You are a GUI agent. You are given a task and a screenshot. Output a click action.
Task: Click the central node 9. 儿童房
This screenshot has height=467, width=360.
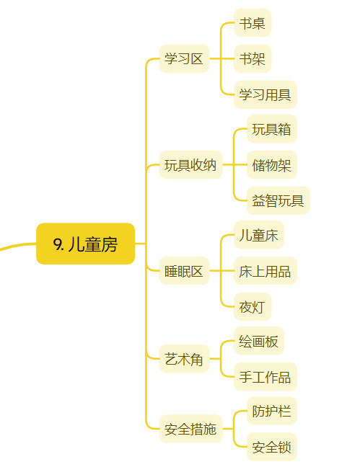pyautogui.click(x=85, y=244)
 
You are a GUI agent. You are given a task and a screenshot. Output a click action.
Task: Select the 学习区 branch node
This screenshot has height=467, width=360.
pyautogui.click(x=184, y=58)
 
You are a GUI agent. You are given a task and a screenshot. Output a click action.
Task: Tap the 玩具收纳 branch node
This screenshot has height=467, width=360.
pyautogui.click(x=190, y=165)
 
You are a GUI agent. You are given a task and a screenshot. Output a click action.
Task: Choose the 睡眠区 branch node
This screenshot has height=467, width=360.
pyautogui.click(x=184, y=271)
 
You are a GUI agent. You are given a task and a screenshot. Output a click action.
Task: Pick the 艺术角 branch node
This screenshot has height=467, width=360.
pyautogui.click(x=184, y=359)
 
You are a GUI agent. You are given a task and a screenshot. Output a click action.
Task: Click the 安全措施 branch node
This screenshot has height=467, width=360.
pyautogui.click(x=190, y=429)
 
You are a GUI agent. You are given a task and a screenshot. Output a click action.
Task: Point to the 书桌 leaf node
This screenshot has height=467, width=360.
pyautogui.click(x=253, y=23)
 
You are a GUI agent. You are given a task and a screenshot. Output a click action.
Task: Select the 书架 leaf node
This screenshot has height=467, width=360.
pyautogui.click(x=253, y=58)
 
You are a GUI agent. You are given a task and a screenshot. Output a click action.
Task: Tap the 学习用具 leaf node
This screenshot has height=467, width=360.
pyautogui.click(x=265, y=94)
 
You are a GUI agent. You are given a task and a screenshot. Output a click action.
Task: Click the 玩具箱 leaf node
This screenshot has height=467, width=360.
pyautogui.click(x=272, y=129)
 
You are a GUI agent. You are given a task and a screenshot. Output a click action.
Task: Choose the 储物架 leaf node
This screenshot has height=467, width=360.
pyautogui.click(x=272, y=165)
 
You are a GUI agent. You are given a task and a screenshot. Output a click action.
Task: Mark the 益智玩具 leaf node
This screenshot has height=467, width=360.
pyautogui.click(x=278, y=201)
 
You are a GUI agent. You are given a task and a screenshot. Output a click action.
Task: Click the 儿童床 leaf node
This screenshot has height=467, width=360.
pyautogui.click(x=259, y=235)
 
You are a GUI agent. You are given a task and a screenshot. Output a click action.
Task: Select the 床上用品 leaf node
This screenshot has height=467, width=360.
pyautogui.click(x=265, y=271)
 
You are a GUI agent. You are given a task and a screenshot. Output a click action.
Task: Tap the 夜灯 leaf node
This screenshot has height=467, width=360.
pyautogui.click(x=253, y=307)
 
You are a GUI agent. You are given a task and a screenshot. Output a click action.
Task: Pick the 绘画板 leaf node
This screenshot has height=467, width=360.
pyautogui.click(x=259, y=341)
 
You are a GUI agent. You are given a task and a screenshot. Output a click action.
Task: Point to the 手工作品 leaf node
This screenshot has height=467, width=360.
pyautogui.click(x=265, y=377)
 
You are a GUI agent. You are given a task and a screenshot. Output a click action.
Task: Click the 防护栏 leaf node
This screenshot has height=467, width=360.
pyautogui.click(x=272, y=411)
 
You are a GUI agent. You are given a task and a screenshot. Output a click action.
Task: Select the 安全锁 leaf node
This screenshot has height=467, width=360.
pyautogui.click(x=272, y=447)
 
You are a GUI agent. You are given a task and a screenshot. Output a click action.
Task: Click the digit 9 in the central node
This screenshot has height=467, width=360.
pyautogui.click(x=57, y=244)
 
